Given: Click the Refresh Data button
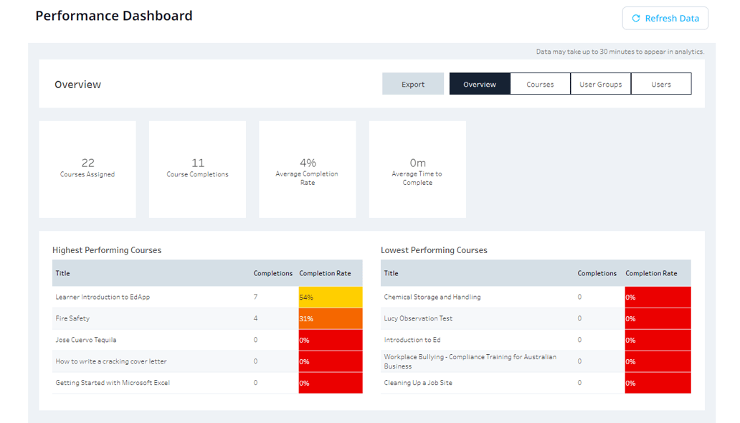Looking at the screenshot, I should click(x=665, y=19).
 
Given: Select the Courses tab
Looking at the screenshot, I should click(x=540, y=84).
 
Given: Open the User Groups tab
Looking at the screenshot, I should click(x=600, y=84).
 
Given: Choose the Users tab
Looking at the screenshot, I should click(x=661, y=84).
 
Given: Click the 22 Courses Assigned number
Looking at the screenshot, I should click(x=87, y=163).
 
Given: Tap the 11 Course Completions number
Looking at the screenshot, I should click(x=198, y=163).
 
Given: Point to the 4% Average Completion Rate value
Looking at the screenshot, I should click(x=308, y=163).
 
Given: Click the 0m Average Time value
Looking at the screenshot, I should click(x=417, y=163).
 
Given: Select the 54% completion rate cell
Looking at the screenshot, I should click(x=331, y=297).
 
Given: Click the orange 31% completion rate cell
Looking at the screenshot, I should click(x=331, y=318).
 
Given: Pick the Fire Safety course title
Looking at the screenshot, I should click(x=72, y=318).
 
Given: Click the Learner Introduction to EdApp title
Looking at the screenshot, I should click(x=103, y=297).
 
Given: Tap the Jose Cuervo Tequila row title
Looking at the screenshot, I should click(x=85, y=340).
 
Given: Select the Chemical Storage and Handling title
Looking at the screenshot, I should click(x=432, y=297).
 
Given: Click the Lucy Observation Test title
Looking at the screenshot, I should click(x=418, y=318).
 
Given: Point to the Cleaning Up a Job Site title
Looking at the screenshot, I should click(x=418, y=383).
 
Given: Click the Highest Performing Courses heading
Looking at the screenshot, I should click(x=107, y=250).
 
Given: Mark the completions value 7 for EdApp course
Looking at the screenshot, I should click(x=256, y=297).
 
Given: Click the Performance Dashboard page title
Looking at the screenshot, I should click(x=114, y=16).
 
